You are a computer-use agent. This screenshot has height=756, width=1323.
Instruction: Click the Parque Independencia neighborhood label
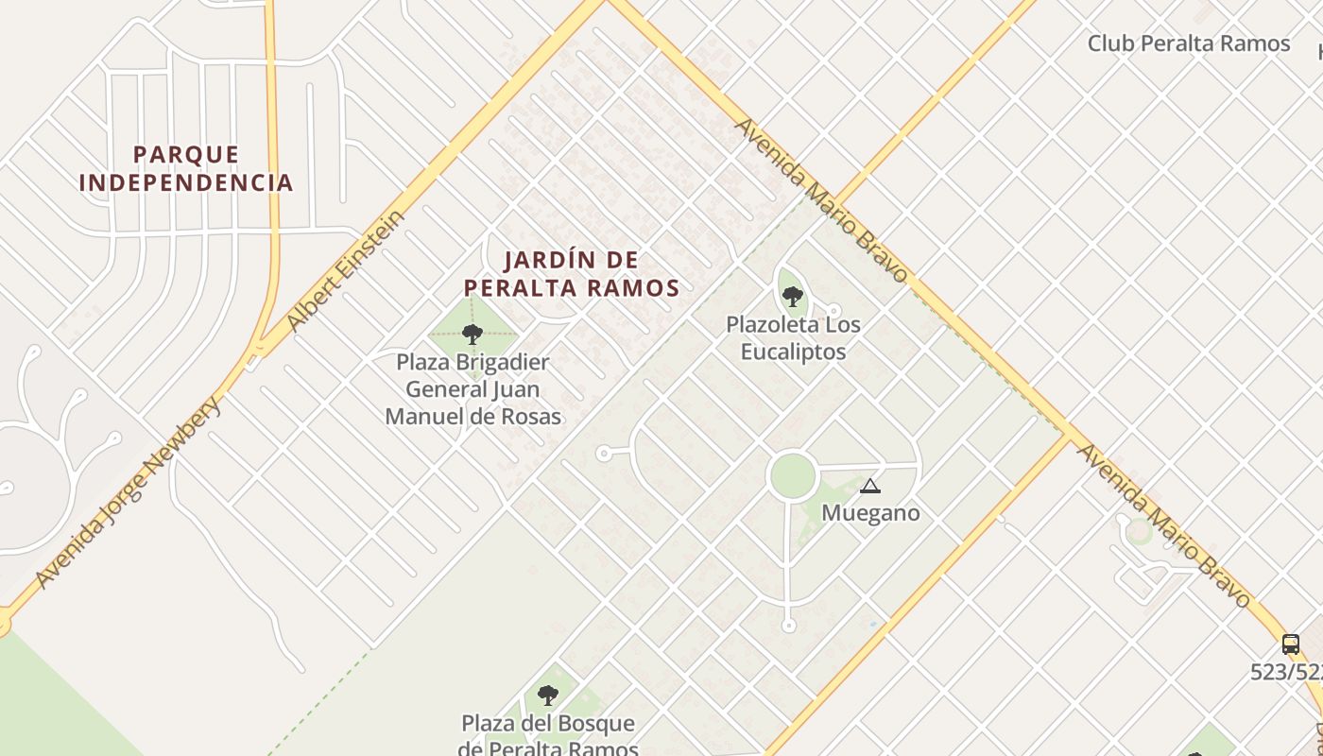click(x=186, y=168)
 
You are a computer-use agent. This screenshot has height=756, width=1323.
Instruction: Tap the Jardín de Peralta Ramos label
click(x=571, y=273)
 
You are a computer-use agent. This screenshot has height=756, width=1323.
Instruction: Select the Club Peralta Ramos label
click(x=1188, y=43)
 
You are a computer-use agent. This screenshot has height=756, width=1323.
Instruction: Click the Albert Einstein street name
click(x=346, y=271)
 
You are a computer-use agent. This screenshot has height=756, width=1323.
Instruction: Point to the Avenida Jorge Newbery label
click(x=129, y=491)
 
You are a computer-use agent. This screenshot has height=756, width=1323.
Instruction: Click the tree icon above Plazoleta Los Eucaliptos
click(x=793, y=297)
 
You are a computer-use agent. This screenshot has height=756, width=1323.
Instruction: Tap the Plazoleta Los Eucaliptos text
click(x=793, y=337)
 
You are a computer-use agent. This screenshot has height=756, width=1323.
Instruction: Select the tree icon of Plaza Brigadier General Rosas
click(x=472, y=334)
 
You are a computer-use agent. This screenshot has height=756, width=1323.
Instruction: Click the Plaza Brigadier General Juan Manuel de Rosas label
click(x=472, y=388)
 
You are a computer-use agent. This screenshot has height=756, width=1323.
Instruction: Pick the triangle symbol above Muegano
click(x=869, y=487)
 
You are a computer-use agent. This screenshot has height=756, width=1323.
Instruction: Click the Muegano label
click(x=870, y=513)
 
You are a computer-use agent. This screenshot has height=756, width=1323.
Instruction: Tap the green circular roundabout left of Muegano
click(x=792, y=475)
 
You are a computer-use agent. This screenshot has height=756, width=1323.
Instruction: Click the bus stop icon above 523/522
click(x=1290, y=644)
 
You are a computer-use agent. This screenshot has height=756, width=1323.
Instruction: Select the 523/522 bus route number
click(x=1286, y=672)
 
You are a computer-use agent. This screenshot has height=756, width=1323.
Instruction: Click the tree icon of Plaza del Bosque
click(x=548, y=696)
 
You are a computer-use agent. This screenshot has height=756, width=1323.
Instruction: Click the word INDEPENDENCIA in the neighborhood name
click(x=186, y=182)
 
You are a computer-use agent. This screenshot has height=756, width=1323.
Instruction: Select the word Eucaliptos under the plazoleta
click(x=793, y=352)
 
